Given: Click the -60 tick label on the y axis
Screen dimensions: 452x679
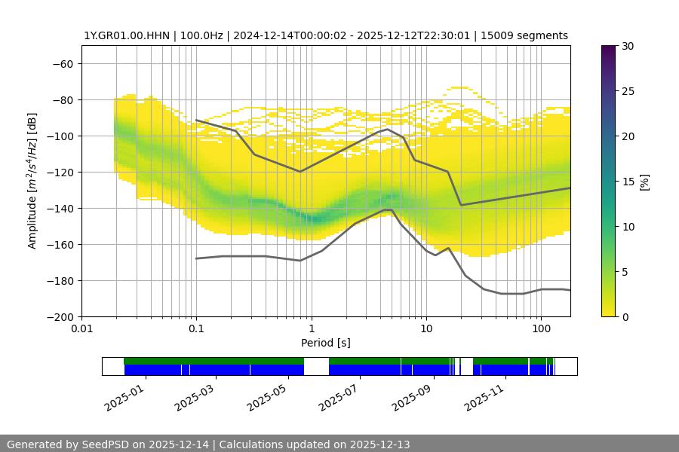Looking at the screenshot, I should (62, 63).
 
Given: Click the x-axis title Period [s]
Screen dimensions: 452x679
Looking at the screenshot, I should (325, 343).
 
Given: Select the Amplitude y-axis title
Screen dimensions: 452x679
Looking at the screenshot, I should (32, 181).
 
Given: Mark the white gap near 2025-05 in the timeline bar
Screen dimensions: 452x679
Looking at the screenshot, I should (316, 366).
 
